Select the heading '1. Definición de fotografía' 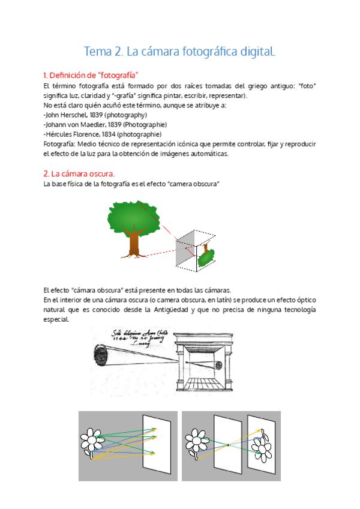click(91, 75)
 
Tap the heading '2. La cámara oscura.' click(79, 173)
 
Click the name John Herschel click(68, 115)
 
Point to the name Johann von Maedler click(76, 124)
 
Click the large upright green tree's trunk click(134, 242)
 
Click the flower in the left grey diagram click(93, 441)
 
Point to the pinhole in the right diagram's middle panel click(227, 445)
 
